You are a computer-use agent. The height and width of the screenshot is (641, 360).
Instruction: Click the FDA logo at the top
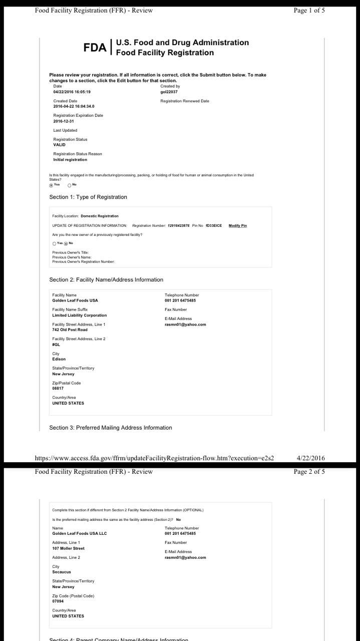click(x=95, y=48)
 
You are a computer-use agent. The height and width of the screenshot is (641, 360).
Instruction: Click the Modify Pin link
click(x=237, y=225)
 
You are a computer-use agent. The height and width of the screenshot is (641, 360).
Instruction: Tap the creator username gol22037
click(x=169, y=92)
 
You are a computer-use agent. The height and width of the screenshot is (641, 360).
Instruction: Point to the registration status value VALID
click(x=59, y=145)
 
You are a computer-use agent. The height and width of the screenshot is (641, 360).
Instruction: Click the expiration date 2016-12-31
click(x=64, y=121)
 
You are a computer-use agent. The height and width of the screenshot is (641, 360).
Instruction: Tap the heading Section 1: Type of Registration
click(x=88, y=197)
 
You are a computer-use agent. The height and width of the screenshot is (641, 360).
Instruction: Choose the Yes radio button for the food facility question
click(x=51, y=185)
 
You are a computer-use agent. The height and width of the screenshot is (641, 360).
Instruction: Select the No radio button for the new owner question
click(x=66, y=243)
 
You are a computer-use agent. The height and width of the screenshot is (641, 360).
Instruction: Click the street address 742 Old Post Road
click(x=70, y=330)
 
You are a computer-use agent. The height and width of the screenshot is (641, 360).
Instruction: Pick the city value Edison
click(x=59, y=359)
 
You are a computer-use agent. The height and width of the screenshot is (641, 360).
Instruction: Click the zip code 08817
click(x=59, y=388)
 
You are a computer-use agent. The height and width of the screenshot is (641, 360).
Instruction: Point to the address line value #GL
click(x=56, y=345)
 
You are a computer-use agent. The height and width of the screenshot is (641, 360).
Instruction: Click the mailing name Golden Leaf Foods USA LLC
click(x=79, y=533)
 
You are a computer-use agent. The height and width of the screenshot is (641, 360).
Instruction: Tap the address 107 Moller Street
click(x=68, y=548)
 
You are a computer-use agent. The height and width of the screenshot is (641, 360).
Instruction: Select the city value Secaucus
click(x=62, y=572)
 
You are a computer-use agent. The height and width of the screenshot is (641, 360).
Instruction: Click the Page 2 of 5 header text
click(x=309, y=471)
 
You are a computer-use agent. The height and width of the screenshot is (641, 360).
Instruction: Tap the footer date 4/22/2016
click(x=310, y=458)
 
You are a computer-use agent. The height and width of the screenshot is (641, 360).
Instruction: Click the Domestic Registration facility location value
click(x=100, y=216)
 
